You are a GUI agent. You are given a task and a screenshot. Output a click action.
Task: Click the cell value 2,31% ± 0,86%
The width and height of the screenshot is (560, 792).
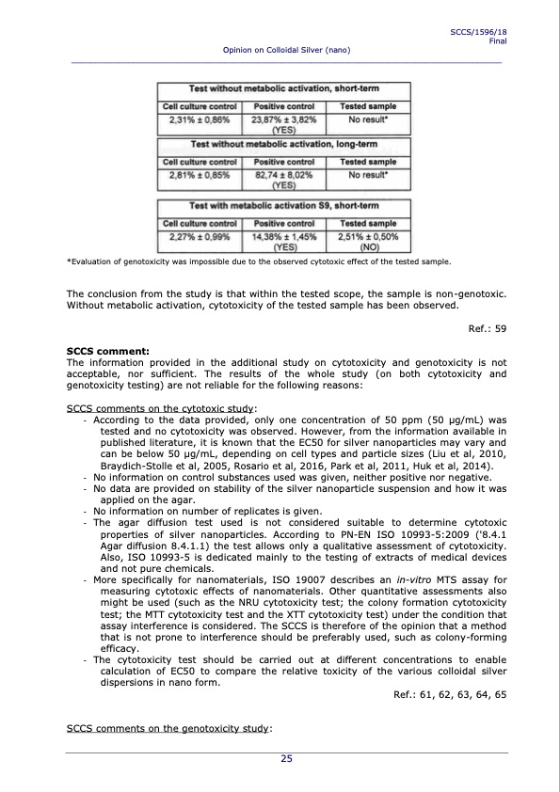(x=200, y=120)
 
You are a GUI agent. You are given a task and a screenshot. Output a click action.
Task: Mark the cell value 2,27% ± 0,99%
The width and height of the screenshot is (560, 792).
(x=200, y=238)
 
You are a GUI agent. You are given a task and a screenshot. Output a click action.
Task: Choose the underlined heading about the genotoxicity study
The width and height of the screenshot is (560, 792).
(x=169, y=729)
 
